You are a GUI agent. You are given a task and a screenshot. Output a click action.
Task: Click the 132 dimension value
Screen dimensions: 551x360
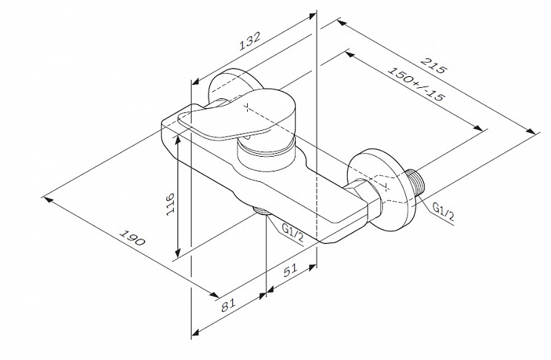[x=250, y=41]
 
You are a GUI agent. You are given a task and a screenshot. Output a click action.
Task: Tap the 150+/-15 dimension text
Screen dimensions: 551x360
[x=416, y=83]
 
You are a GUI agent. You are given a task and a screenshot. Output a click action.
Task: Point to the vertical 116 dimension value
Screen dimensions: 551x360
[x=170, y=204]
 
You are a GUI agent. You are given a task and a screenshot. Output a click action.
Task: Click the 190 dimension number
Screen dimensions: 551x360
[x=132, y=238]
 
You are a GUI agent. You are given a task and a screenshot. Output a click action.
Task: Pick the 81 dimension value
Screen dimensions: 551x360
[x=228, y=305]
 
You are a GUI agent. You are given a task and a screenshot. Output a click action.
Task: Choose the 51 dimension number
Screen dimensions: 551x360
[x=290, y=270]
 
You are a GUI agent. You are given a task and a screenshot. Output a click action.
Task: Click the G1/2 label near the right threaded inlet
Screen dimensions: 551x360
[x=443, y=211]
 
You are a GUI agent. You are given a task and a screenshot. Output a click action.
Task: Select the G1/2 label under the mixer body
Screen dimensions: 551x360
[x=293, y=233]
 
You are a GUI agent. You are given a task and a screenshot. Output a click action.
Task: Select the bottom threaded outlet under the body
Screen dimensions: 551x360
[x=261, y=211]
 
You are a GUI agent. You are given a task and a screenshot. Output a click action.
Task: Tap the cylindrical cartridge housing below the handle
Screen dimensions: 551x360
[x=266, y=155]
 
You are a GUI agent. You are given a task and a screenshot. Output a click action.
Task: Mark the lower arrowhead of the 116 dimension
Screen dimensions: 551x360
[x=178, y=252]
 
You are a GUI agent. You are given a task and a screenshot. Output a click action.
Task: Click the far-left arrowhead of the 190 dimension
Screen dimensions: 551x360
[x=47, y=200]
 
